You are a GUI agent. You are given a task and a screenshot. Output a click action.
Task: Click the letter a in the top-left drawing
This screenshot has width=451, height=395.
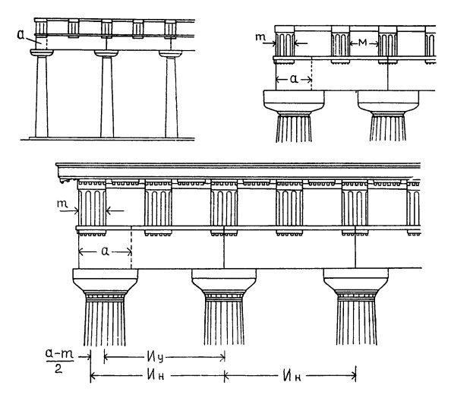pos(21,34)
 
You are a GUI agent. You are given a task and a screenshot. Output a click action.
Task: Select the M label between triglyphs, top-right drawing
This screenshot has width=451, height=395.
pos(363,43)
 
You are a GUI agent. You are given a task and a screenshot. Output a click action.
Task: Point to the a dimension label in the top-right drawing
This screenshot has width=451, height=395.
pos(294,79)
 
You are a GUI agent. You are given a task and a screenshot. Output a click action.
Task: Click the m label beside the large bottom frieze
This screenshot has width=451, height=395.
pos(62,204)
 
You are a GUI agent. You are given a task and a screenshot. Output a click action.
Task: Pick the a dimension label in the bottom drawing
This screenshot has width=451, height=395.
pos(106,251)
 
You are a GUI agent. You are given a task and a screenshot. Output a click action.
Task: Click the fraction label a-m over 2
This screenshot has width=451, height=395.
pos(59,361)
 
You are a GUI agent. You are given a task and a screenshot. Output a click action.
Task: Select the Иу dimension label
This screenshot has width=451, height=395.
pos(156,358)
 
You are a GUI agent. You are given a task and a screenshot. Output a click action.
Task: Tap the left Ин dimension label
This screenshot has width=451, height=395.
pos(156,375)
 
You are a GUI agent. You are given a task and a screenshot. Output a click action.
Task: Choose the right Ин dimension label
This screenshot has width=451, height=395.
pos(292,375)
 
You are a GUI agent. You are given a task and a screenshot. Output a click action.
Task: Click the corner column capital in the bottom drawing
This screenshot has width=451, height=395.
pos(105,282)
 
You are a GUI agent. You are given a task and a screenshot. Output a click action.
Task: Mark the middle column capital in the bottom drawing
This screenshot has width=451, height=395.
pos(224,282)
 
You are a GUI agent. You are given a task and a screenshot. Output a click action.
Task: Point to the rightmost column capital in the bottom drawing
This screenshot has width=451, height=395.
pos(356,282)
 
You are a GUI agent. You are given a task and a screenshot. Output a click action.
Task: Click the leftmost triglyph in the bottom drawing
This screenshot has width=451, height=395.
pos(92,204)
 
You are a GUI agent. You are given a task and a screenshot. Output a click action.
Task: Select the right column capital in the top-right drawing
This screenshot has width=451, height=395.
pos(388,103)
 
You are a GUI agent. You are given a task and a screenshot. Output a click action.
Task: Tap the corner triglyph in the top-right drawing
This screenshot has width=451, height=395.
pos(285,44)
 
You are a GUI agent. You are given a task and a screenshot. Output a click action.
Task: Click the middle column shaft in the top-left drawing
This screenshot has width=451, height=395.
pos(107,97)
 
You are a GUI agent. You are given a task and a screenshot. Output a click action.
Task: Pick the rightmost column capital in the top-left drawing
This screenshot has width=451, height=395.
pos(171,54)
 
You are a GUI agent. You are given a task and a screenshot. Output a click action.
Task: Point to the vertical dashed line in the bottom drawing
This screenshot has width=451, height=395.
pos(131,248)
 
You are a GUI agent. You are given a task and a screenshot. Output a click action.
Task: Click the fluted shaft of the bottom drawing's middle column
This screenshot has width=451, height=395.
pos(224,322)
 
